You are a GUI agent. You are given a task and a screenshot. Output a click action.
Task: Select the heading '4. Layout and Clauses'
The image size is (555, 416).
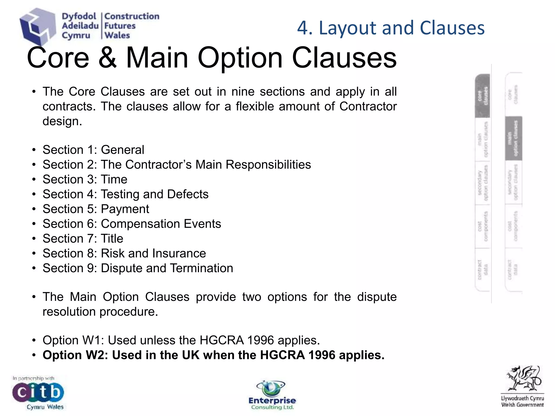pos(391,28)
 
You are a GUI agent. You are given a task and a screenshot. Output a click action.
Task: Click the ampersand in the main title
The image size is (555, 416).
pos(108,58)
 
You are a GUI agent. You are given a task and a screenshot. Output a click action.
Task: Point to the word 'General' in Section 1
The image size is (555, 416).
pos(122,150)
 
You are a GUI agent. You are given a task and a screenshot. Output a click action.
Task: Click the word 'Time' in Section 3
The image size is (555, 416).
pos(114,179)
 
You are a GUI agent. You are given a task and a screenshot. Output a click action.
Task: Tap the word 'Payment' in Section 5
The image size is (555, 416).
pos(125,209)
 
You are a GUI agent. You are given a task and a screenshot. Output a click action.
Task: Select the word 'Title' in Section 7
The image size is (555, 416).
pos(112,239)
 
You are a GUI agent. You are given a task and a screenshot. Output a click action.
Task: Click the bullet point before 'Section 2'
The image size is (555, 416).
pos(34,165)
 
